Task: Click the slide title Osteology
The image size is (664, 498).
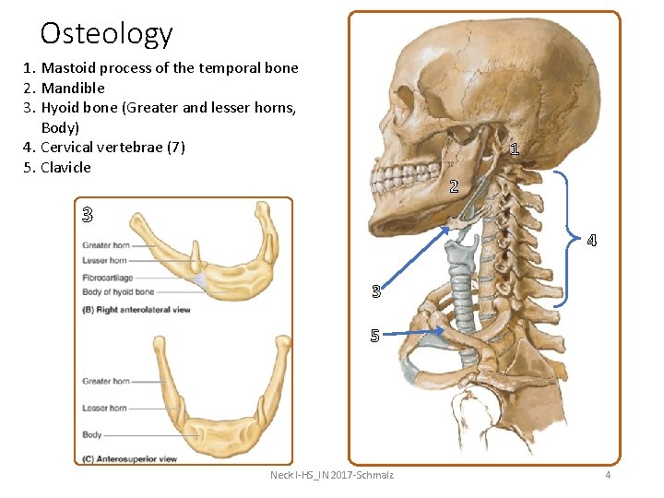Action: pos(106,33)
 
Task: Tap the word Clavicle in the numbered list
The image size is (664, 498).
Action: pos(66,167)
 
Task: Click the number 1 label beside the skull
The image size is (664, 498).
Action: pos(514,148)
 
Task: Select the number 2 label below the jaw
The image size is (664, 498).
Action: pos(454,186)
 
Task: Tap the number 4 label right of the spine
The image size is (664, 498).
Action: pos(591,242)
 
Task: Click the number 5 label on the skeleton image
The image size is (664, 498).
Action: pos(375,336)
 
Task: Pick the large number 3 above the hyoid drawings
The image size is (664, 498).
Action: pos(87,216)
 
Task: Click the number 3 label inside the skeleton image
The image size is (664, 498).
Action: pos(375,292)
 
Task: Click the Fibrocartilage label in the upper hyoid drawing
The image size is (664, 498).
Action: pos(107,277)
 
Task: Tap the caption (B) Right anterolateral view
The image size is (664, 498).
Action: pos(136,310)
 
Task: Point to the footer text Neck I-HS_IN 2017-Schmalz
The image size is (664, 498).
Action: pos(331,475)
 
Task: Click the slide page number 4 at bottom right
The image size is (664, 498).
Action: pos(608,475)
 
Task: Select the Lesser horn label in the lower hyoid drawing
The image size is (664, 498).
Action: pos(104,408)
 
